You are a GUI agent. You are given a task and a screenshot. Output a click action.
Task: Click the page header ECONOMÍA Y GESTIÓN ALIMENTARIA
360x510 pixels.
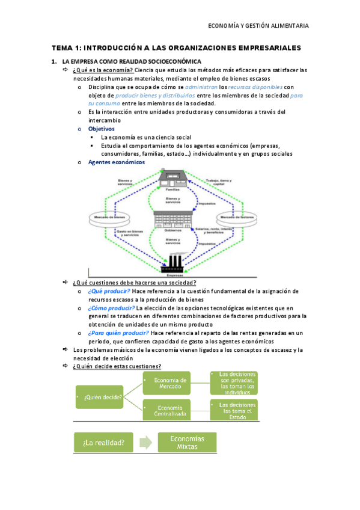[258, 25]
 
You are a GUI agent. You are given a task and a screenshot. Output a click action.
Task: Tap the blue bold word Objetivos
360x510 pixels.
[101, 129]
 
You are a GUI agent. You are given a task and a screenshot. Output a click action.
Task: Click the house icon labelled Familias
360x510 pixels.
[173, 179]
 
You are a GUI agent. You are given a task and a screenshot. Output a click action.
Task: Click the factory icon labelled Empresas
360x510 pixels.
[174, 263]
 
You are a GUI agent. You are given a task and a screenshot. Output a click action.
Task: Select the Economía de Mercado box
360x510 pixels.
[166, 383]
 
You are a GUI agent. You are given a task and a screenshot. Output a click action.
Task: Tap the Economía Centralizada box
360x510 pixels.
[166, 410]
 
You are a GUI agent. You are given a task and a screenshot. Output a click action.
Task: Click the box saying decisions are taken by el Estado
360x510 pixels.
[234, 410]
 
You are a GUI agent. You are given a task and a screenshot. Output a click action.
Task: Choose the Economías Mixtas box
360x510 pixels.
[188, 443]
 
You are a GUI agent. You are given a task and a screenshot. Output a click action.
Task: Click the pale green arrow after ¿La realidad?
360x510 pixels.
[144, 443]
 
